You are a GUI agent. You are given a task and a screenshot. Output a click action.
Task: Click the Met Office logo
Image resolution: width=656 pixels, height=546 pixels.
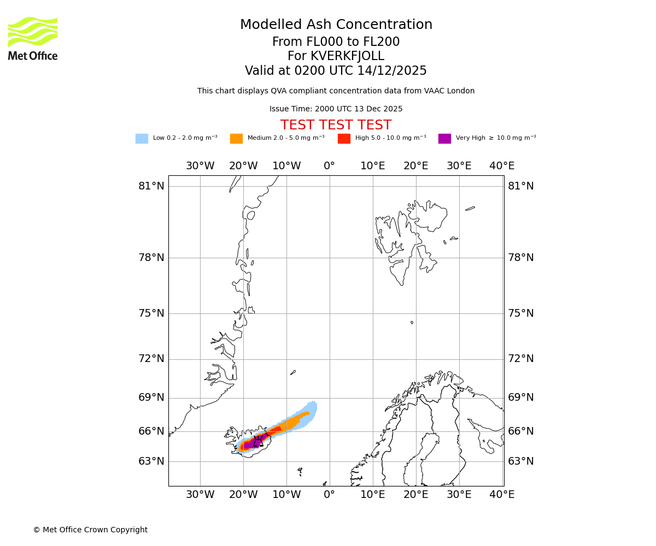pos(33,38)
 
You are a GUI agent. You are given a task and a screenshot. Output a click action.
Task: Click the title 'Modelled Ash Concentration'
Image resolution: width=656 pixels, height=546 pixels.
pos(336,25)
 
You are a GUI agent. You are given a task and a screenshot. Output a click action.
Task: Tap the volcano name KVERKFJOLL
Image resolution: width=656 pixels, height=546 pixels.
pos(347,56)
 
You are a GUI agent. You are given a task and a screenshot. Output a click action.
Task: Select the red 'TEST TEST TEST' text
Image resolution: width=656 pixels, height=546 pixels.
pos(336,125)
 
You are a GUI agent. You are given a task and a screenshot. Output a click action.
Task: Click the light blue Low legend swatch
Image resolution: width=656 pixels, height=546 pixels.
pos(142,139)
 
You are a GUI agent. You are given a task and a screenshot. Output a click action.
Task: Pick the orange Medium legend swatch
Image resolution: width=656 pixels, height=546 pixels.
pos(236,139)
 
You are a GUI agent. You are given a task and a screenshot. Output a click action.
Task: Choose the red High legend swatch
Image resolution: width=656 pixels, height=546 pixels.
pos(344,139)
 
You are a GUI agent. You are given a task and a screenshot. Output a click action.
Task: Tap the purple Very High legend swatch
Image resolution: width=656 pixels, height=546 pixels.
pos(444,139)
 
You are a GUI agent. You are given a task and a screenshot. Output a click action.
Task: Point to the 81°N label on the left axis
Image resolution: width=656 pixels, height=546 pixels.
pos(151,186)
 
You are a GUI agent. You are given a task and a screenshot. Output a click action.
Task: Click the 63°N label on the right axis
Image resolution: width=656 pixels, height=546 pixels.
pos(520,461)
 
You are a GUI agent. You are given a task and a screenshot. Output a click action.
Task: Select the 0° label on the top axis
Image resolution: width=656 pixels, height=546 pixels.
pos(329,166)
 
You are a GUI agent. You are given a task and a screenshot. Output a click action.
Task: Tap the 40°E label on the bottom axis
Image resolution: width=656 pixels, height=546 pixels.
pos(502,495)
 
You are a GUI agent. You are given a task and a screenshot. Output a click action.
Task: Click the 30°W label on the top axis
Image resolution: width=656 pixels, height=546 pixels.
pos(200,166)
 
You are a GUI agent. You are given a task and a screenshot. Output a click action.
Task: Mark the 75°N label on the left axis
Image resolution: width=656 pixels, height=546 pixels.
pos(151,313)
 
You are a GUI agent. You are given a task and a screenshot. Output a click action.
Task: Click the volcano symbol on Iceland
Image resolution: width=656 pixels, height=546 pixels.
pos(258,441)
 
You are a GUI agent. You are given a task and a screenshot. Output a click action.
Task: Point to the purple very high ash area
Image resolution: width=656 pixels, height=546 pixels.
pos(250,445)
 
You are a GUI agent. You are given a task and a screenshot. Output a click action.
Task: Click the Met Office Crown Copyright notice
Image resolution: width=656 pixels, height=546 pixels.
pos(90,530)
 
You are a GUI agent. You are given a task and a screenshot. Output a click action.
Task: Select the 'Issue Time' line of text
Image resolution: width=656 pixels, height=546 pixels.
pos(336,109)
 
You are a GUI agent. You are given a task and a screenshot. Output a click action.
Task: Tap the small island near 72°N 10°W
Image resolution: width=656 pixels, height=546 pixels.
pos(293,372)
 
